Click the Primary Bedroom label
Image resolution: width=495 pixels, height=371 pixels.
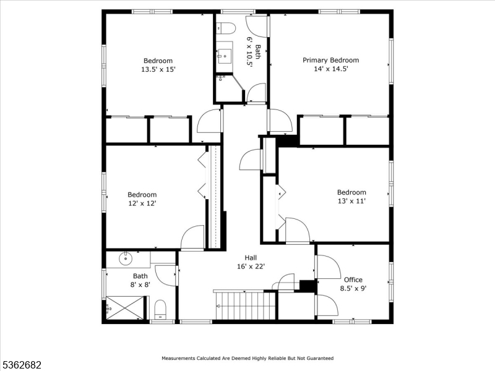point(330,60)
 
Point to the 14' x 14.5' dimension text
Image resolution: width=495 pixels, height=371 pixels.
point(330,69)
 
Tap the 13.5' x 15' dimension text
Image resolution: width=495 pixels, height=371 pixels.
point(158,70)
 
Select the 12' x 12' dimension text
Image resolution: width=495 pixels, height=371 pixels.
point(142,203)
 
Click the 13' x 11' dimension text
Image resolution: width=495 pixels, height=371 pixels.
point(351,202)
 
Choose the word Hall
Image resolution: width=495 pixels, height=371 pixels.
point(251,258)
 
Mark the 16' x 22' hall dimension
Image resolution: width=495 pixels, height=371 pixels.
point(251,267)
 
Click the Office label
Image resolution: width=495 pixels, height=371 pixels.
point(353,279)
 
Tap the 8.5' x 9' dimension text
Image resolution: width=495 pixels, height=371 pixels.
point(353,288)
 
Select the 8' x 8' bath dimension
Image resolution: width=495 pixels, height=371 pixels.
point(140,285)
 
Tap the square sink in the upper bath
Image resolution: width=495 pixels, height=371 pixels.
point(223,56)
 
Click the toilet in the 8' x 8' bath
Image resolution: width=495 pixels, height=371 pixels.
point(160,309)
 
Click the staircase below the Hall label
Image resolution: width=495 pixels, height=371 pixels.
point(244,305)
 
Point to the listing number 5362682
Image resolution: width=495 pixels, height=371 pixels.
point(21,365)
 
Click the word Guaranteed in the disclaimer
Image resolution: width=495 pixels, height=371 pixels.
point(318,358)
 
